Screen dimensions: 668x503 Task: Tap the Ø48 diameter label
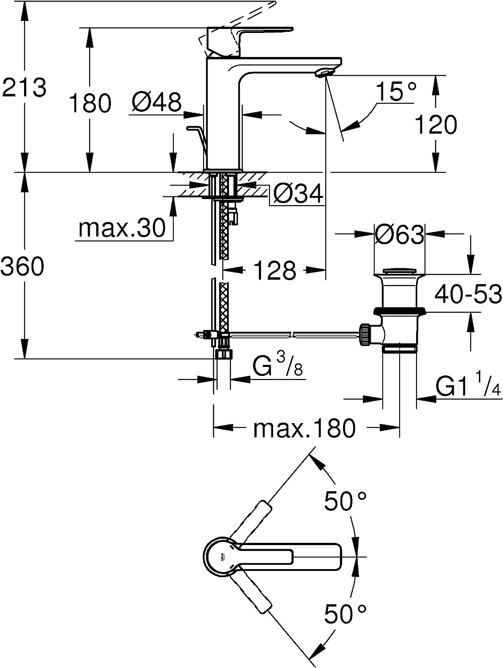coord(156,102)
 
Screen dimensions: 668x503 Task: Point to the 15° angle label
coord(396,92)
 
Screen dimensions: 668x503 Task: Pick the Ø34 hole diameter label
coord(298,194)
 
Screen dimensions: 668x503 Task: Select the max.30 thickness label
coord(122,228)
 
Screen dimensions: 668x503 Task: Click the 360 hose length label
coord(23,267)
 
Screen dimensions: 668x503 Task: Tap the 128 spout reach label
coord(275,270)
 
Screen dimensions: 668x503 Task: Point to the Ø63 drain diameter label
coord(399,234)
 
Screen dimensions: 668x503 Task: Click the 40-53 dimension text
coord(468,294)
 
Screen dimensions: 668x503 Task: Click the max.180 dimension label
coord(304,428)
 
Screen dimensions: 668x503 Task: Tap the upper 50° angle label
coord(345,502)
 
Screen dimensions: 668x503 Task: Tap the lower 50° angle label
coord(345,615)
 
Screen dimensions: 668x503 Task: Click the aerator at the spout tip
coord(324,73)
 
